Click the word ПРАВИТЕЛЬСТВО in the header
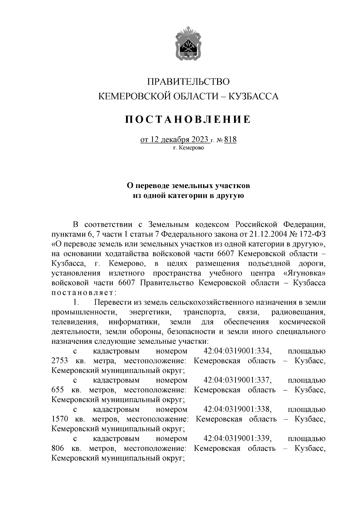tap(188, 82)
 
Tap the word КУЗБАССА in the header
tap(253, 96)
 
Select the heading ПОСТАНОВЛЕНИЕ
tap(188, 119)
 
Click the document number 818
tap(230, 140)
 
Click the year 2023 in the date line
tap(198, 140)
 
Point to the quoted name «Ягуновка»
tap(304, 273)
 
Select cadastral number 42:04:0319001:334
tap(238, 351)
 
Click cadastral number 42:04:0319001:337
tap(238, 380)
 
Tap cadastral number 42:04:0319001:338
tap(238, 409)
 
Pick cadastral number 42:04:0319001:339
tap(238, 439)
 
